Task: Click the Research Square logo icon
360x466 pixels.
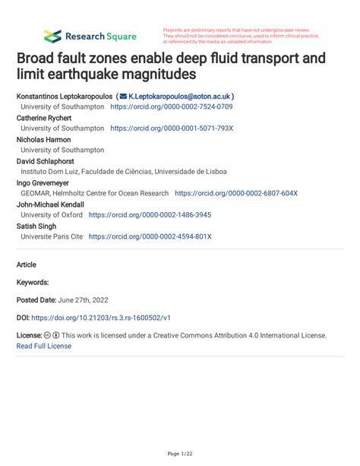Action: coord(52,36)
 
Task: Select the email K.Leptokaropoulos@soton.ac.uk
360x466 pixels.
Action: coord(179,97)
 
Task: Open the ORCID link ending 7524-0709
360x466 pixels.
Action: coord(171,107)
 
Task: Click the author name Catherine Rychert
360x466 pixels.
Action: coord(45,118)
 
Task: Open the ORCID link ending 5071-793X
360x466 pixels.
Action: coord(171,129)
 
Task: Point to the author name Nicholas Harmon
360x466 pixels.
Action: coord(44,140)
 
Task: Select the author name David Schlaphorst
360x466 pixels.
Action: coord(46,161)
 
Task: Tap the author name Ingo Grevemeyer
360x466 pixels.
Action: coord(45,182)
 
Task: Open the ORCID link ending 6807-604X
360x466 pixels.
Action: coord(236,194)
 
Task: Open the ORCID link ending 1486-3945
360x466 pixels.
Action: coord(150,215)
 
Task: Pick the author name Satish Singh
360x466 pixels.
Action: coord(37,226)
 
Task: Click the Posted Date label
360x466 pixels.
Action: coord(40,300)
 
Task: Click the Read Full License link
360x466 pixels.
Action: coord(43,346)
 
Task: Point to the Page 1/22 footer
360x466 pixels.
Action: coord(179,454)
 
